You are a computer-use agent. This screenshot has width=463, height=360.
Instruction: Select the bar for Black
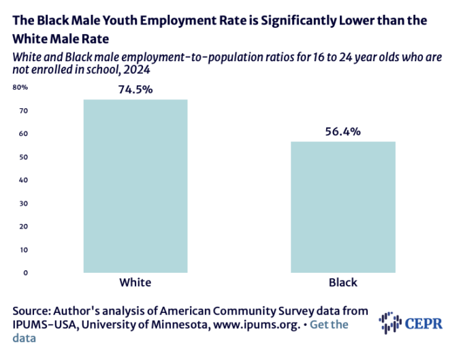[x=342, y=207]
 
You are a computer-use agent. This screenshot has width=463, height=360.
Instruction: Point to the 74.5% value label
[x=135, y=90]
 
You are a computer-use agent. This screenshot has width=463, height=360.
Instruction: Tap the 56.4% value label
[x=342, y=131]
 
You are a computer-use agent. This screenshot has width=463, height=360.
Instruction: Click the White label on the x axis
[x=135, y=282]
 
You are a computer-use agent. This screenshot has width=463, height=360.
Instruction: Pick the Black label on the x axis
[x=342, y=282]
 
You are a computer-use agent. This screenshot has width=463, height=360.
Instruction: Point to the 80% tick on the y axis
[x=19, y=88]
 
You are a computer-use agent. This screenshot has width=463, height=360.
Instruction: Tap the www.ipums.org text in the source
[x=257, y=325]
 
